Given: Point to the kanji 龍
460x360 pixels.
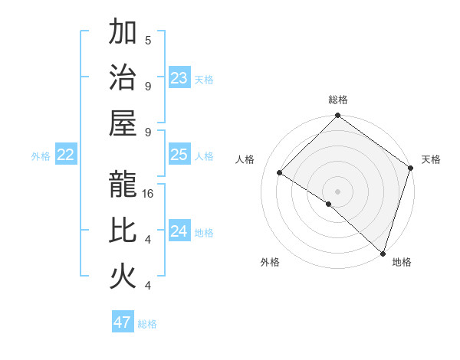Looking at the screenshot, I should pyautogui.click(x=123, y=184).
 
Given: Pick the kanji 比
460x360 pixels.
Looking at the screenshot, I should pyautogui.click(x=123, y=231).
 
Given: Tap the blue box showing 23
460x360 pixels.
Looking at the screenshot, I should pyautogui.click(x=179, y=77).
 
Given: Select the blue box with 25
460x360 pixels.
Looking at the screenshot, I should pyautogui.click(x=179, y=155).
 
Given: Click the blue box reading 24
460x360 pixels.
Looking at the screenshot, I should pyautogui.click(x=179, y=231).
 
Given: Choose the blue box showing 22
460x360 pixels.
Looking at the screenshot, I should pyautogui.click(x=66, y=155).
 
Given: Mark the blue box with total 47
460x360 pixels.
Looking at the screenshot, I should pyautogui.click(x=123, y=322).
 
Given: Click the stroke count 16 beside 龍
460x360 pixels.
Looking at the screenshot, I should pyautogui.click(x=149, y=194).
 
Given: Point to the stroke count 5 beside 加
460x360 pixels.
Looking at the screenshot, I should pyautogui.click(x=148, y=40).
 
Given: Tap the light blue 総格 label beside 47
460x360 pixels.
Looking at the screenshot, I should pyautogui.click(x=147, y=324).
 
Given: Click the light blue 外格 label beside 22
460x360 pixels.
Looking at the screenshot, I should pyautogui.click(x=41, y=156).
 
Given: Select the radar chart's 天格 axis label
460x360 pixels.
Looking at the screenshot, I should pyautogui.click(x=432, y=159).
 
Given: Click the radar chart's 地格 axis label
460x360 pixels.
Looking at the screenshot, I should pyautogui.click(x=402, y=262).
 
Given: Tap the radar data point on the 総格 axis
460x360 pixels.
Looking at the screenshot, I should pyautogui.click(x=337, y=116).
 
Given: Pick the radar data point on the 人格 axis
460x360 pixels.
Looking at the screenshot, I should pyautogui.click(x=280, y=173).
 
